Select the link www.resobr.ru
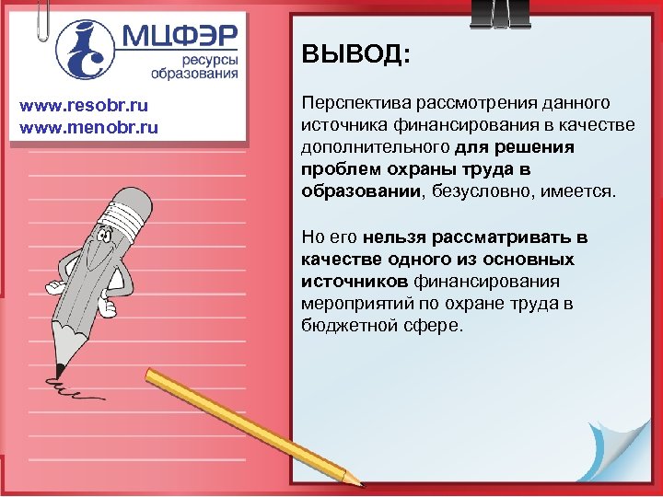[79, 106]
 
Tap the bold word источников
[355, 281]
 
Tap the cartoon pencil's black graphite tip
[59, 369]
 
